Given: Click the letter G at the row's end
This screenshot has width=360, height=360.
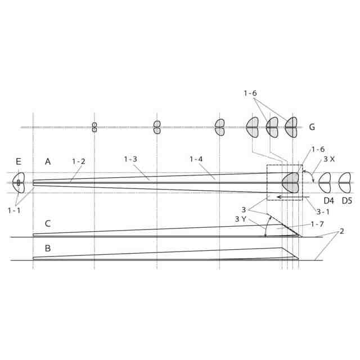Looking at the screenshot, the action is [312, 127].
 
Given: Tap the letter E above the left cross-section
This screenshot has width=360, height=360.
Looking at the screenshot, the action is [19, 161].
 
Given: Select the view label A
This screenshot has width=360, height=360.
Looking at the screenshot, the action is [47, 161].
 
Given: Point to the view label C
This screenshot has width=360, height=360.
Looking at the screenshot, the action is [47, 223].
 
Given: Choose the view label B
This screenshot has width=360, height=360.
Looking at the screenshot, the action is [47, 248].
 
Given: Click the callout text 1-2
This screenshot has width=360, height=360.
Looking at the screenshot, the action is [79, 161].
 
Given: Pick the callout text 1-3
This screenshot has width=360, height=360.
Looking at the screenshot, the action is [130, 159].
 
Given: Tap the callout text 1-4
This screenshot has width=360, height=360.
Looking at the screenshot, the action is [196, 159].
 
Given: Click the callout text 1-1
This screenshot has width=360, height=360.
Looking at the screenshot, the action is [14, 210].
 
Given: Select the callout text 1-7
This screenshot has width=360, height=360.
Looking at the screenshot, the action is [317, 224].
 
